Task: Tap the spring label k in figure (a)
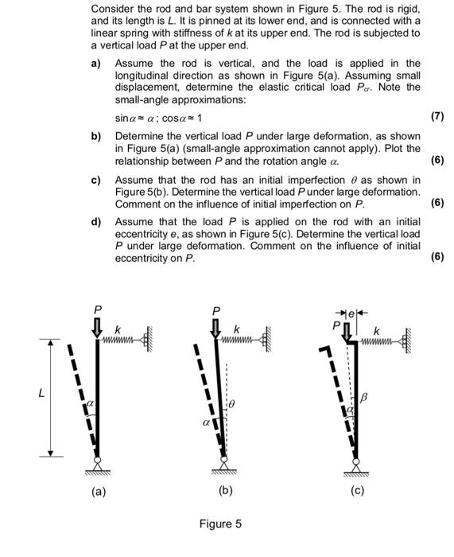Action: [x=118, y=329]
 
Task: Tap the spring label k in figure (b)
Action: [x=236, y=329]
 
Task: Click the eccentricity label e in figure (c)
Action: [x=358, y=310]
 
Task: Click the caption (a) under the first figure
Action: [x=97, y=491]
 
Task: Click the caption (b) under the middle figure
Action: [x=225, y=491]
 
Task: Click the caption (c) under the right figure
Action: [x=357, y=491]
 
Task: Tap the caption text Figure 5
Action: [x=220, y=524]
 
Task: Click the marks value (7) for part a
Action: [x=437, y=116]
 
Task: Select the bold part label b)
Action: [x=97, y=137]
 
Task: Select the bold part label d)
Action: [x=97, y=222]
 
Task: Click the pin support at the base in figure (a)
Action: [x=97, y=462]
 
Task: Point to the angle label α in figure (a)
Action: [x=90, y=405]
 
